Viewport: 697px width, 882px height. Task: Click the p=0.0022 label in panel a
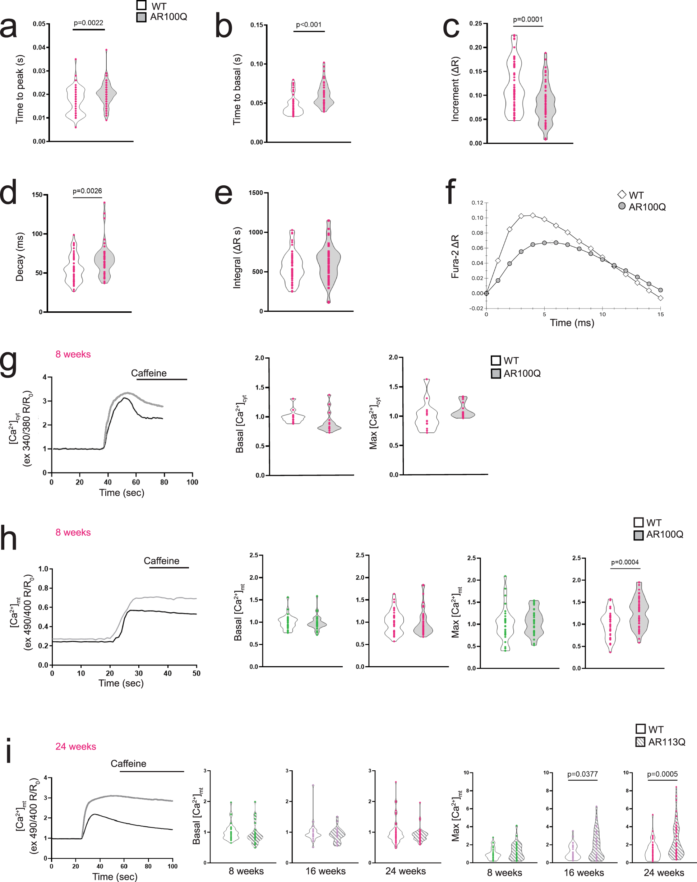[x=88, y=23]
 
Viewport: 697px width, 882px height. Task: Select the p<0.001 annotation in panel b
[x=309, y=24]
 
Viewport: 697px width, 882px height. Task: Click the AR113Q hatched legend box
[x=640, y=742]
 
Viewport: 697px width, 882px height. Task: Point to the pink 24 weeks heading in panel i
[x=75, y=746]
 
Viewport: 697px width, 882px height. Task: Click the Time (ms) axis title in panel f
[x=572, y=323]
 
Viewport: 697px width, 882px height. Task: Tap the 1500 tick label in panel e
[x=256, y=193]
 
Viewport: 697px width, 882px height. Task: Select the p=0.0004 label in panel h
[x=624, y=562]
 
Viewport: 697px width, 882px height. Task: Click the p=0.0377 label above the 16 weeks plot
[x=582, y=774]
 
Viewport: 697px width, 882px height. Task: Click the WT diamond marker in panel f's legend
[x=622, y=195]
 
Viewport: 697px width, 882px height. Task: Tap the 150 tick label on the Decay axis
[x=37, y=195]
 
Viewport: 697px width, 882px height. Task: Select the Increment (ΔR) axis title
[x=456, y=89]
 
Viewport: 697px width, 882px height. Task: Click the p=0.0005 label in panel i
[x=662, y=774]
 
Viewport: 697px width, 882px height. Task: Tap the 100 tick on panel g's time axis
[x=192, y=482]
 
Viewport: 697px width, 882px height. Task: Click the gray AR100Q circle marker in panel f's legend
[x=622, y=206]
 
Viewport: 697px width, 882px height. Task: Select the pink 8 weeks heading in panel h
[x=73, y=532]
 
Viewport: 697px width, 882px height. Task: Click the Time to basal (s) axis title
[x=237, y=89]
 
